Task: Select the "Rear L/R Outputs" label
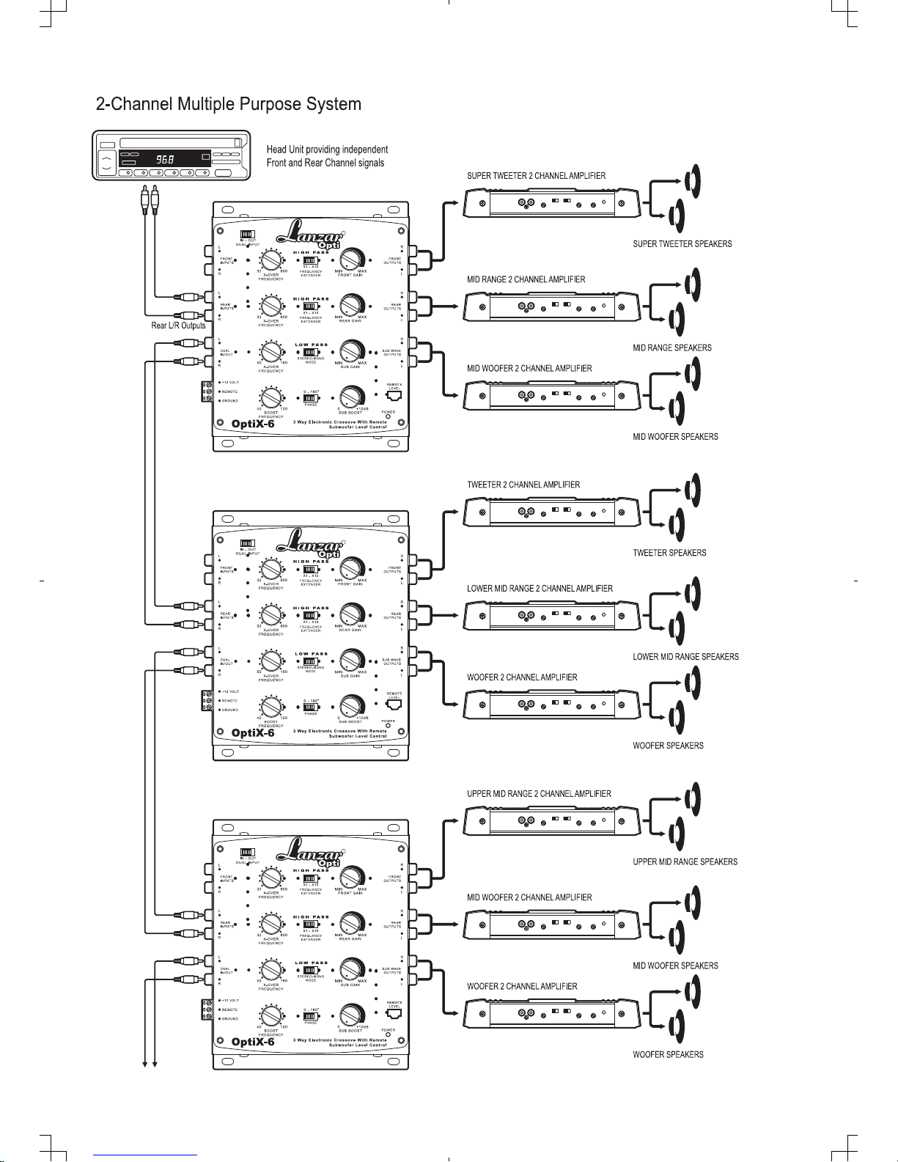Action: (178, 326)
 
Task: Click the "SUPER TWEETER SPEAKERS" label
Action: (682, 244)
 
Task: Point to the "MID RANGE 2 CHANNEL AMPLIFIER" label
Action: (526, 279)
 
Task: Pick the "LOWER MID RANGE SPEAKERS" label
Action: (685, 657)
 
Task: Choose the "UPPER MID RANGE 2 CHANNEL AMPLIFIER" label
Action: (539, 794)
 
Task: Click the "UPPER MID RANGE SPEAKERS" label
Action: (685, 862)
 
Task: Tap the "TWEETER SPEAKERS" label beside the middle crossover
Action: (669, 553)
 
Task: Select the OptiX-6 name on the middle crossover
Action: (253, 732)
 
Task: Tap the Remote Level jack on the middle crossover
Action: (394, 705)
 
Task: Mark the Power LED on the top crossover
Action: (389, 417)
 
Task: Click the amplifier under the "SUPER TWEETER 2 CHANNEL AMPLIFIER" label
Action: (551, 202)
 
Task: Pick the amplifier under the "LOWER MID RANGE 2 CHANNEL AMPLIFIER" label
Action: (551, 615)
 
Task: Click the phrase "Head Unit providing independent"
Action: (327, 150)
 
